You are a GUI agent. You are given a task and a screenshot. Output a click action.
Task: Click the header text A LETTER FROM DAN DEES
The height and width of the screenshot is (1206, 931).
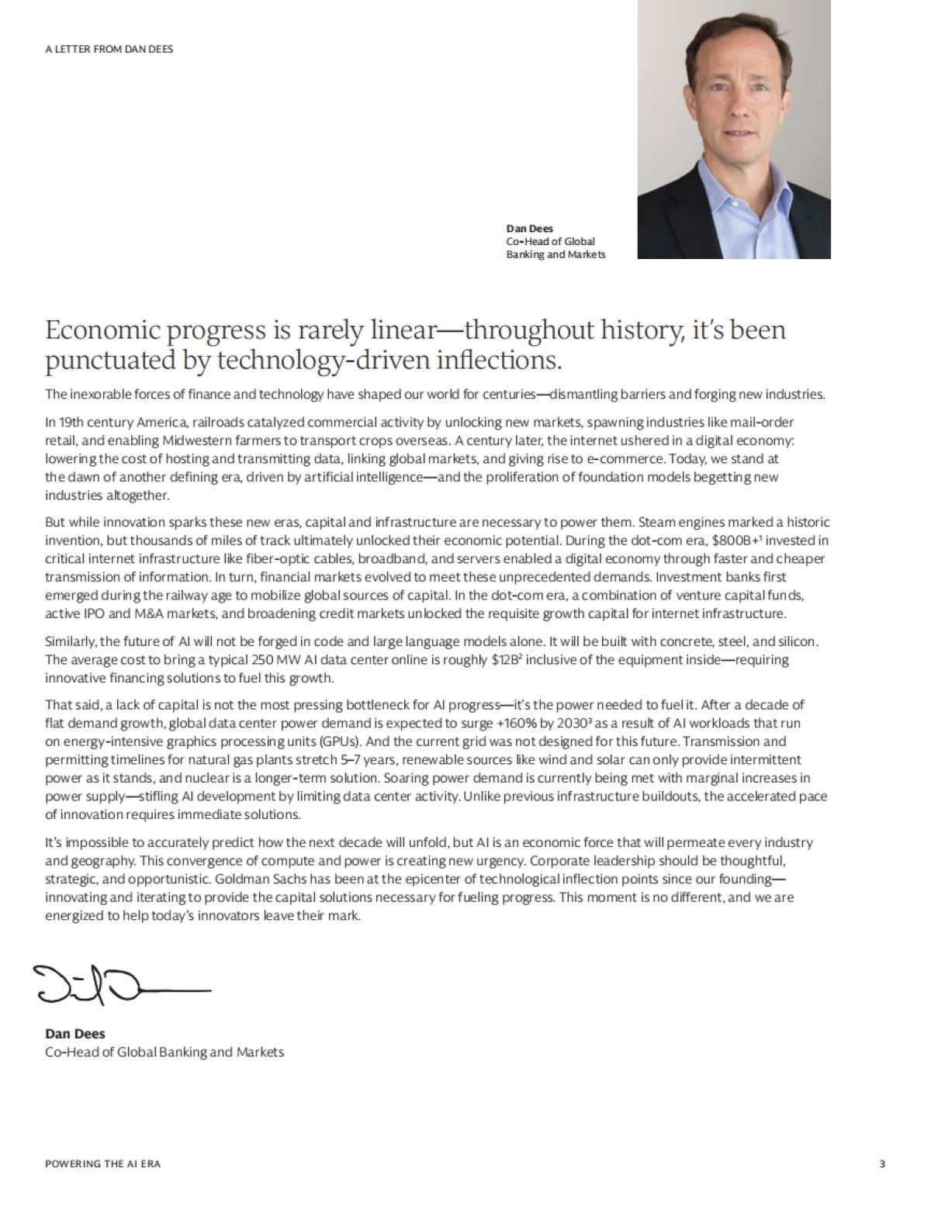(x=109, y=49)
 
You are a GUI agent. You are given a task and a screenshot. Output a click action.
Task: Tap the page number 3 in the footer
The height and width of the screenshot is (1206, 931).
(x=882, y=1163)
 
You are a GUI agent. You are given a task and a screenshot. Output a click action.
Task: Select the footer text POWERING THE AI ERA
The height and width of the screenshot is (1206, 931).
(x=102, y=1163)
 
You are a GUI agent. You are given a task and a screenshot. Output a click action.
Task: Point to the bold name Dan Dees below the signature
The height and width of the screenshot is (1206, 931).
(x=75, y=1034)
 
